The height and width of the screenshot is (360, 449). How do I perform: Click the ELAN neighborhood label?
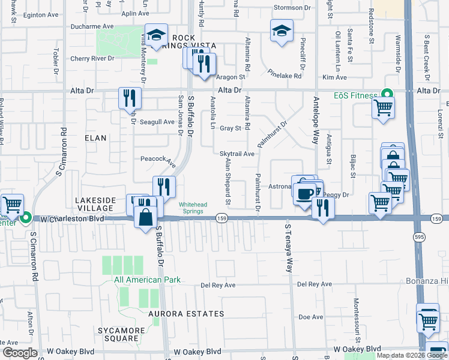coord(95,138)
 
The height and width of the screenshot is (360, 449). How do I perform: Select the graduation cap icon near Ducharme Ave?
coord(155,35)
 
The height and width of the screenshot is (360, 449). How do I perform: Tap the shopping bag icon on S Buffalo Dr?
coord(146,217)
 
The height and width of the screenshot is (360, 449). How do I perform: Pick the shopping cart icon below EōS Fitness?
coord(382,109)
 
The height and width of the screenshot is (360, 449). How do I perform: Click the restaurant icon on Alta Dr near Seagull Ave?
coord(130,98)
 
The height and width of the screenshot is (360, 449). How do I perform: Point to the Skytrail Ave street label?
coord(237,154)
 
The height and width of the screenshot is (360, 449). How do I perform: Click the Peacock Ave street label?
coord(158,161)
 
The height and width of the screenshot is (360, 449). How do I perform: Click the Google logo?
coord(20,353)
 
